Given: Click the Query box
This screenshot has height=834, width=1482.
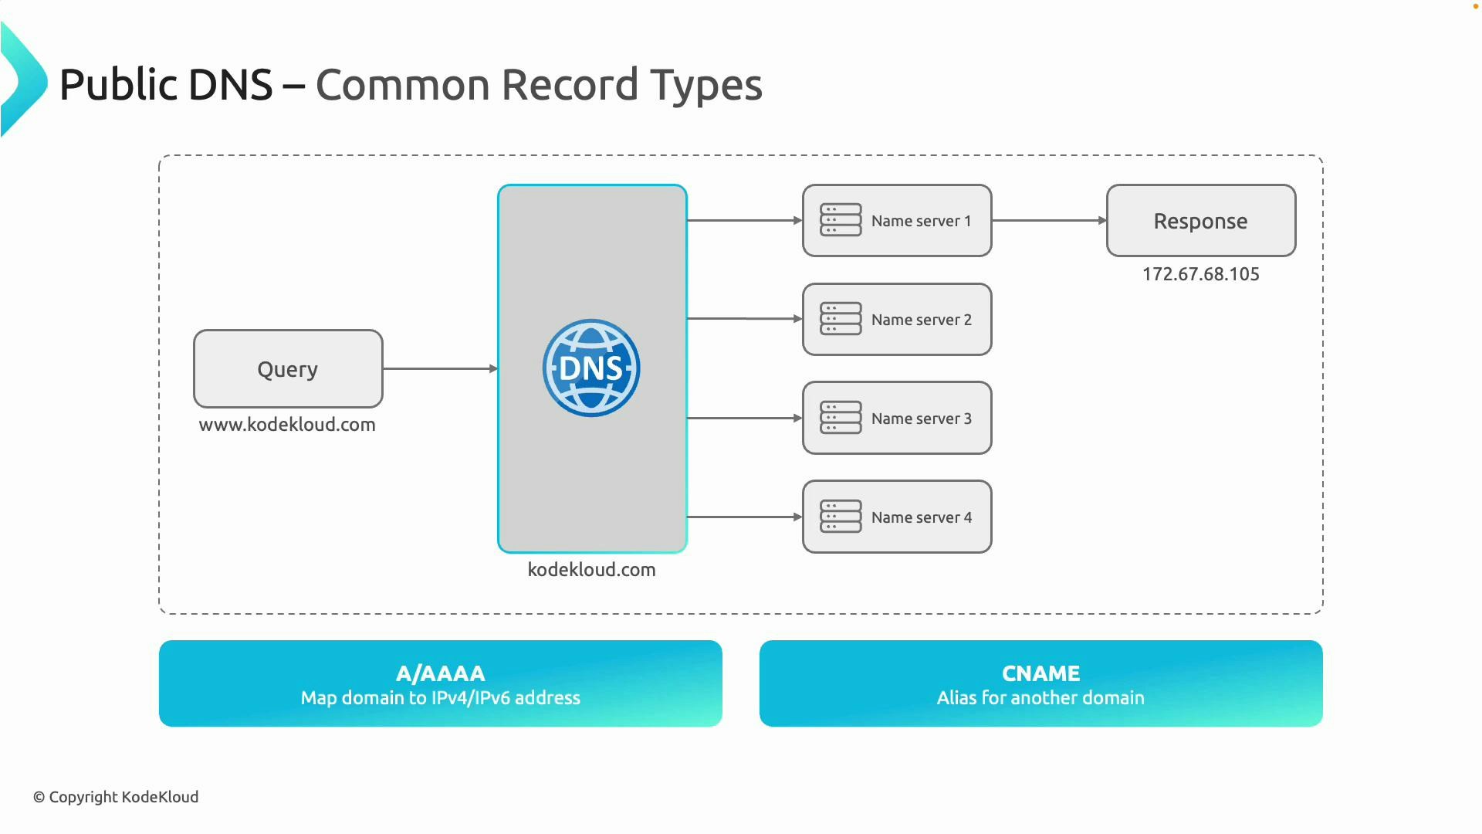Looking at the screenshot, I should (288, 368).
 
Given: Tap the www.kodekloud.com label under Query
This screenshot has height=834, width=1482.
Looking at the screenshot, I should (287, 425).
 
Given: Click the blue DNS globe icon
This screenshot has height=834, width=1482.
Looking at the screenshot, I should (591, 368).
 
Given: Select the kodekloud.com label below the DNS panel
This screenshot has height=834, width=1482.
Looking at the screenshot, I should (591, 570).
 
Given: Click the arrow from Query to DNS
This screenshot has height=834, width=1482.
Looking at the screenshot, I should (440, 369).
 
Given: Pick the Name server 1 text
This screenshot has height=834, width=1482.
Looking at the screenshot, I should (921, 221).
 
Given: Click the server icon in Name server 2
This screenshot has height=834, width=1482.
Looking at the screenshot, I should (841, 319).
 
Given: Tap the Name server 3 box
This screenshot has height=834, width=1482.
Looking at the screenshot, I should (897, 418).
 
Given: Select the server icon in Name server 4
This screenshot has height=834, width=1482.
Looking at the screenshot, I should (841, 517).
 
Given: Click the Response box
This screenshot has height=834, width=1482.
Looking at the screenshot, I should (1200, 221).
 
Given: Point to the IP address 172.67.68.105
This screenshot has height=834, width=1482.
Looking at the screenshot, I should (1200, 274).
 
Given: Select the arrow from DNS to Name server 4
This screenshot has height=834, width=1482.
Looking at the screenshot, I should (744, 517).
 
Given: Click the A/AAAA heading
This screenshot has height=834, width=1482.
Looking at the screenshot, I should (440, 673).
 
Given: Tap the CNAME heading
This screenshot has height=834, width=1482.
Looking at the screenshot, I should (1040, 673).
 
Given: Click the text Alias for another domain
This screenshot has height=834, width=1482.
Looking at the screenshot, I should (1040, 698).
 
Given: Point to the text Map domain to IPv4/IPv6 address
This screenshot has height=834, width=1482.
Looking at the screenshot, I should (440, 698).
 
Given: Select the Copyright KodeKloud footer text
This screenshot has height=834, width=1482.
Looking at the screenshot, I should (116, 797).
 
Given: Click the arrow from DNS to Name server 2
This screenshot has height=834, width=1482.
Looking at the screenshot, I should (744, 318).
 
